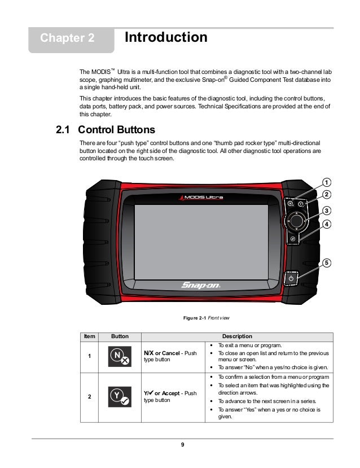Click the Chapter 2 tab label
[67, 39]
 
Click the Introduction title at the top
[165, 38]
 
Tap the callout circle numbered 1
[327, 182]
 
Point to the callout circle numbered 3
[327, 210]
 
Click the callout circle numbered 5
[327, 263]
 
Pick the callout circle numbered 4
[327, 224]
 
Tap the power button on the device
[291, 278]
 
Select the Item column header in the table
[90, 336]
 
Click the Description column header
[237, 336]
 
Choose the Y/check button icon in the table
[118, 396]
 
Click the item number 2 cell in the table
[90, 396]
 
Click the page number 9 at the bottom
[182, 445]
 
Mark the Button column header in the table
[118, 336]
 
